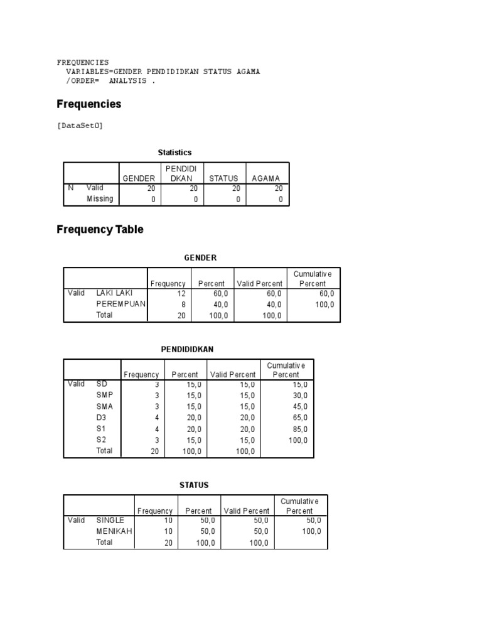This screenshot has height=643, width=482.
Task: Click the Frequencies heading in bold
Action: click(88, 104)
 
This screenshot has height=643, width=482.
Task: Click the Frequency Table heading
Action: click(100, 230)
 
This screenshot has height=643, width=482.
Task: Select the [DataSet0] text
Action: click(79, 126)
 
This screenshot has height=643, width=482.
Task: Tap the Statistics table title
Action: click(174, 153)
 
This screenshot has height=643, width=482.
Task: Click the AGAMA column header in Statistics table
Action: click(265, 178)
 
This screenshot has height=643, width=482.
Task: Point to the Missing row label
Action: click(100, 199)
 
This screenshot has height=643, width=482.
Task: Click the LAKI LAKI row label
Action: click(114, 293)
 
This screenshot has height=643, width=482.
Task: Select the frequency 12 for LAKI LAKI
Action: click(181, 293)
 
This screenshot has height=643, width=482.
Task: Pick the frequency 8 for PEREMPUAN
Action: click(183, 305)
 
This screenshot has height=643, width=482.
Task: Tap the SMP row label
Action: click(105, 396)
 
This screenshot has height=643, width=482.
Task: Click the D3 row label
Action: click(102, 418)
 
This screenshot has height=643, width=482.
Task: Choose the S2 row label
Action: click(102, 440)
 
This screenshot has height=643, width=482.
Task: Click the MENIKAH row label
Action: click(114, 531)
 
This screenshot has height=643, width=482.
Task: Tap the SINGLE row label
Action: click(110, 521)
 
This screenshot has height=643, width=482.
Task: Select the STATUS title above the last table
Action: click(194, 485)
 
